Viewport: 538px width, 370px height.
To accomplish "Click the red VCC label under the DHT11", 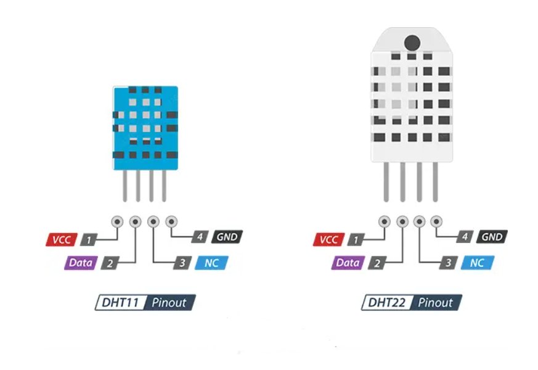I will point(60,239).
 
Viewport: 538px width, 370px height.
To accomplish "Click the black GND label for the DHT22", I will point(492,237).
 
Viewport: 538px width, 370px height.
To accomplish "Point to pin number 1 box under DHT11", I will point(90,239).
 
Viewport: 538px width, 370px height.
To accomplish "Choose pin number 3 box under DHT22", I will point(448,263).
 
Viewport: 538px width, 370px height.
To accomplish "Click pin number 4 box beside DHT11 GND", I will point(199,237).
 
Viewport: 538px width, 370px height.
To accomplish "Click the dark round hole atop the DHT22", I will point(412,43).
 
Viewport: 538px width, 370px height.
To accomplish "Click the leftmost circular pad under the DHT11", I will point(116,221).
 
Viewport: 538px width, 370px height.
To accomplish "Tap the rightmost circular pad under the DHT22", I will point(437,220).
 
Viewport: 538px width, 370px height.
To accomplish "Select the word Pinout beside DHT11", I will point(168,303).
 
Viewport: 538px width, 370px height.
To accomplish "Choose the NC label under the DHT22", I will point(477,263).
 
